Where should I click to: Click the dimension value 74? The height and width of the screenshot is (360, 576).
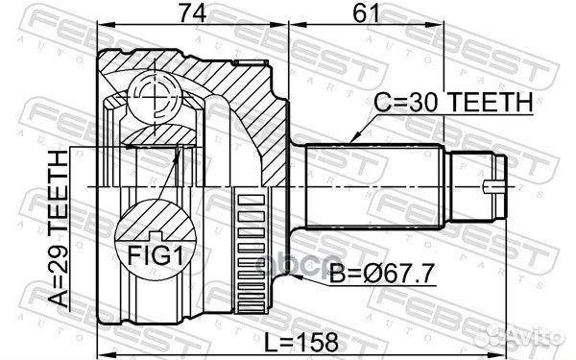[x=192, y=13]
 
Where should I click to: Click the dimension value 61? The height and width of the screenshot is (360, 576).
[x=366, y=13]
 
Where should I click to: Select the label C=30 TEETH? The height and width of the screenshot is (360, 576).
[x=453, y=102]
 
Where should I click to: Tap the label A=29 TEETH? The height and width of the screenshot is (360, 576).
[x=59, y=228]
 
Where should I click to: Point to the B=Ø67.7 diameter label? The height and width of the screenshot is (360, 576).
[x=382, y=274]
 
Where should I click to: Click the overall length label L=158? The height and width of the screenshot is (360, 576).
[x=301, y=342]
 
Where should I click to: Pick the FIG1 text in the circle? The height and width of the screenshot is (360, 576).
[x=156, y=255]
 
